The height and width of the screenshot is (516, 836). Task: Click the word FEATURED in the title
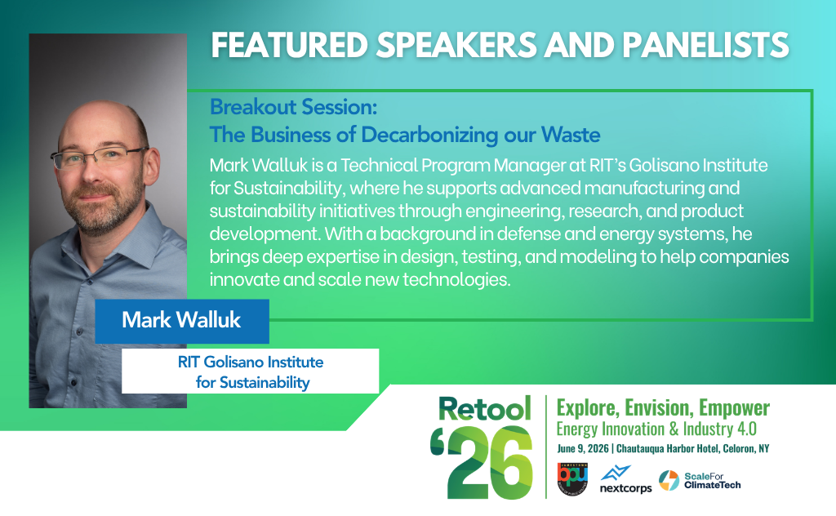tap(290, 45)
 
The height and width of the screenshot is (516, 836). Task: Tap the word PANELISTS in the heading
tap(705, 45)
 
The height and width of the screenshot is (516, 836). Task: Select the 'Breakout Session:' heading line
tap(293, 107)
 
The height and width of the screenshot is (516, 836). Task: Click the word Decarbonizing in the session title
tap(429, 136)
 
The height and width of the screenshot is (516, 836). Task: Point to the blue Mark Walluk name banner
tap(182, 321)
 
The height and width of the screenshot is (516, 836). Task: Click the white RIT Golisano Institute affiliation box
tap(250, 371)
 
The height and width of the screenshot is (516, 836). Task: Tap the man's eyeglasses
tap(99, 157)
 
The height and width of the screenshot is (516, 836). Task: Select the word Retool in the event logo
tap(485, 409)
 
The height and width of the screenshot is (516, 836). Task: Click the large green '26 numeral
tap(482, 462)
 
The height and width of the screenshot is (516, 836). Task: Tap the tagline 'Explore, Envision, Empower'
tap(663, 408)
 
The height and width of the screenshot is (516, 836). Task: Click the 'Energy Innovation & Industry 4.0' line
tap(656, 429)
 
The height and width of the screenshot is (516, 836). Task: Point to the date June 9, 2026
tap(583, 448)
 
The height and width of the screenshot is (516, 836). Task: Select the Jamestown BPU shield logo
tap(572, 478)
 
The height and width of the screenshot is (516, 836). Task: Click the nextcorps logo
tap(625, 479)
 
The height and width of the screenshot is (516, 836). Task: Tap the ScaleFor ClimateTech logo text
tap(712, 480)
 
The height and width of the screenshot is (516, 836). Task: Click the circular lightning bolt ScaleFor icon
tap(669, 480)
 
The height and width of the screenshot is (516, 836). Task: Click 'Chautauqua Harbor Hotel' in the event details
tap(667, 448)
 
